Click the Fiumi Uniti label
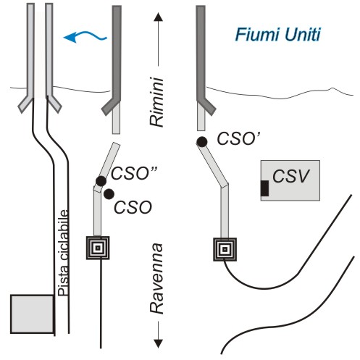pos(277,35)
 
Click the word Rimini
pos(156,102)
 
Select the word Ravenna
pos(156,278)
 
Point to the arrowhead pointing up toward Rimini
pos(158,17)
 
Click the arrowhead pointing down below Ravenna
pos(158,343)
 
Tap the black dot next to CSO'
pos(202,142)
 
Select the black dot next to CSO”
pos(101,181)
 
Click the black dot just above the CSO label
pos(109,194)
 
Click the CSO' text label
pos(238,138)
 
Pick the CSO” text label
pos(134,173)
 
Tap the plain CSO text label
pos(133,207)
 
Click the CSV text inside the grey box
pos(290,176)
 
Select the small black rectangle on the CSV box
pos(264,188)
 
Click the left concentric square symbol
pos(98,248)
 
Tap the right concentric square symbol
pos(225,249)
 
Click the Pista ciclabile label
pos(64,253)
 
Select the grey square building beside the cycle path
pos(32,314)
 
